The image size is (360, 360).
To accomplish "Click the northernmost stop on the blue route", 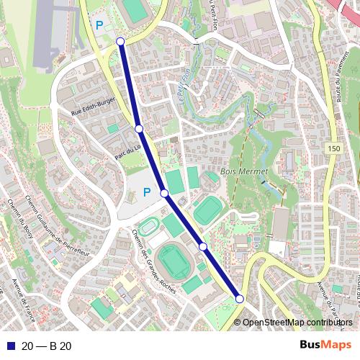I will (120, 42).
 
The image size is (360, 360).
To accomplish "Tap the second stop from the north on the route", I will (139, 129).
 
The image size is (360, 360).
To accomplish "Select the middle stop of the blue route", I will (164, 193).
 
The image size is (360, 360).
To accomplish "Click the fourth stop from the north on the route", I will (203, 247).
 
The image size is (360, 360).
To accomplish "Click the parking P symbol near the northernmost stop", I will (99, 24).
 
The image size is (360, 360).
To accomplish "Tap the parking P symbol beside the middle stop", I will (146, 192).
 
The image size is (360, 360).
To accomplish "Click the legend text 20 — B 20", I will (46, 346).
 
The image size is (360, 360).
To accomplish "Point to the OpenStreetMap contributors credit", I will (298, 323).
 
